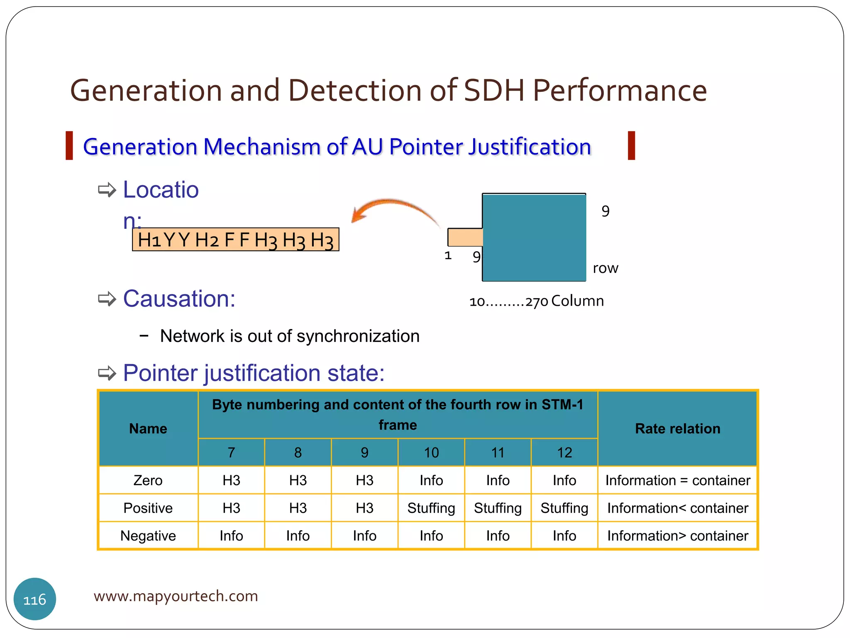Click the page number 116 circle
(35, 599)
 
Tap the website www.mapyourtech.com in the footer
(176, 596)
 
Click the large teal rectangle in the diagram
(534, 238)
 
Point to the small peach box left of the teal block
(464, 237)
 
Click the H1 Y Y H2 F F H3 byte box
(235, 240)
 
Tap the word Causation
(179, 298)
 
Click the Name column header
(148, 428)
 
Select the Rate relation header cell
(677, 428)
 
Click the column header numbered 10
(431, 452)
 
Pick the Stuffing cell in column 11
(498, 508)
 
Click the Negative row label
(148, 536)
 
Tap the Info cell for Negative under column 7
(231, 536)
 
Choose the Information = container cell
(677, 480)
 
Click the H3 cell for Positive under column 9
(364, 508)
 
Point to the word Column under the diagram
(577, 301)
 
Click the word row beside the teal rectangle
(605, 268)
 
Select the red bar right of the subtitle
(631, 145)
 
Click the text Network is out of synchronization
(289, 336)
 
